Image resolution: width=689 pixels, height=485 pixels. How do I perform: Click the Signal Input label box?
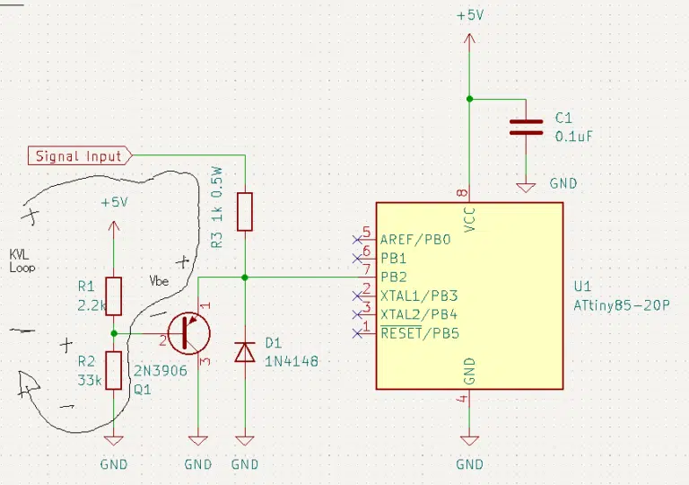point(80,155)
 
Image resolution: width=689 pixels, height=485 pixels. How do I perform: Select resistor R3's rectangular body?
point(245,212)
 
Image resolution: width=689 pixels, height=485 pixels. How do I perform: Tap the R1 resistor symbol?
point(114,296)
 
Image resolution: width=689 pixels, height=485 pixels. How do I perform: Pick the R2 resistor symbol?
point(114,371)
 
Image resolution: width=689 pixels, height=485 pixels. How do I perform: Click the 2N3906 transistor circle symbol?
point(189,333)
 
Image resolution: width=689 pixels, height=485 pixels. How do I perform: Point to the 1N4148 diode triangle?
point(245,352)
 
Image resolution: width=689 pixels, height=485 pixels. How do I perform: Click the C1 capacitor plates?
point(526,127)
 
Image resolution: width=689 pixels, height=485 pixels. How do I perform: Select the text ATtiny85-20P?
point(622,305)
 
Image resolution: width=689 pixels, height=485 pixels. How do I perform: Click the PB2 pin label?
point(394,278)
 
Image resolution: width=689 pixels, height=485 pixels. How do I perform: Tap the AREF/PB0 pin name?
point(415,240)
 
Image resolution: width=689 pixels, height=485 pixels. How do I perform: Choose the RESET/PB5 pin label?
point(420,333)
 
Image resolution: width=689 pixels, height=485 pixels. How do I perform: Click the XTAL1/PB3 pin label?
point(419,295)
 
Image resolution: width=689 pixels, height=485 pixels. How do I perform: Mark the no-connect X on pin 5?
point(357,240)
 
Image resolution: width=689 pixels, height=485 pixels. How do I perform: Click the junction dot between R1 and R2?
point(114,333)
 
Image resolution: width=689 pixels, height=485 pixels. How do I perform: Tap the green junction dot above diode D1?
point(245,278)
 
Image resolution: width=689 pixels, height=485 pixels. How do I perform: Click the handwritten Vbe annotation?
point(159,281)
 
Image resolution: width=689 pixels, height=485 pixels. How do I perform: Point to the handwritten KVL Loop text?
point(22,260)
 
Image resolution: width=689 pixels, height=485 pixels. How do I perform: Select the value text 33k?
point(90,380)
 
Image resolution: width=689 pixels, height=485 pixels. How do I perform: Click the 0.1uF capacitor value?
point(574,137)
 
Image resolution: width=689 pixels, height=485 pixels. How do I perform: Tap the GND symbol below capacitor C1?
point(526,188)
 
